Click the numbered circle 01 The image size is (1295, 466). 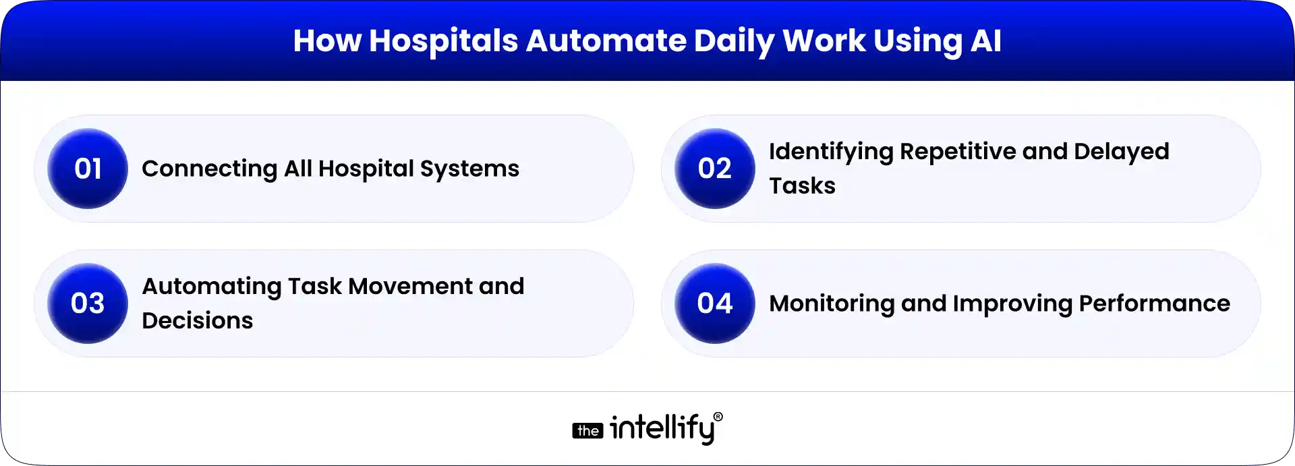88,169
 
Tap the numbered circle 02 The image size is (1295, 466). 715,169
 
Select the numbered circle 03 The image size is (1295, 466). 88,303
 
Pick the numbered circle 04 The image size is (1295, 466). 715,303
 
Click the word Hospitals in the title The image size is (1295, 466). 443,41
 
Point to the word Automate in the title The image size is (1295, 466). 606,41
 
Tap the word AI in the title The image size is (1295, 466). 985,41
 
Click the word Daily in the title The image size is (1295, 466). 734,41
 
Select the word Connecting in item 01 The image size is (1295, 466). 209,169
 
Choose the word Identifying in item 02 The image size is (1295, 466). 831,152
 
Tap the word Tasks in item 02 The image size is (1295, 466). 802,186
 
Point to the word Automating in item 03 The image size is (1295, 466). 211,287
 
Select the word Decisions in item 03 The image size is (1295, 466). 197,321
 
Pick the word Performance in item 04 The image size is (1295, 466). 1154,303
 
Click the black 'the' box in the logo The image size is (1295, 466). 588,431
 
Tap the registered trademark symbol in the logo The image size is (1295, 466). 718,417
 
